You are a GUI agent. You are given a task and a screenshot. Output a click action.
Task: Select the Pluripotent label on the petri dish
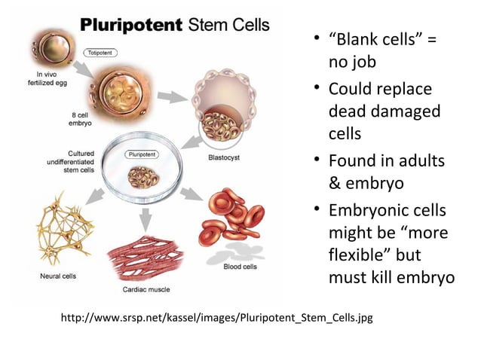[x=141, y=154]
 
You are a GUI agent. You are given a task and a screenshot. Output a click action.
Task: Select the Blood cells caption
[x=243, y=266]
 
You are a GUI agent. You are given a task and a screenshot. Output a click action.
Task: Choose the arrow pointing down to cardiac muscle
[x=146, y=218]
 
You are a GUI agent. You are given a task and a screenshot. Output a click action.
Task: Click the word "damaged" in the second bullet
[x=403, y=111]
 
